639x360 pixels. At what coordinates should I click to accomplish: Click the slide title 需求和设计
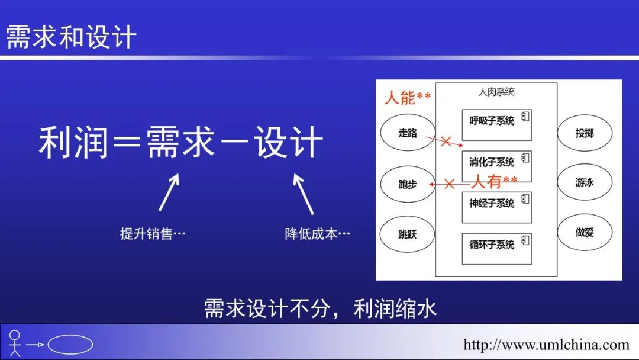(72, 37)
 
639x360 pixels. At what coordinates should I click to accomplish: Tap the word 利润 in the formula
(73, 143)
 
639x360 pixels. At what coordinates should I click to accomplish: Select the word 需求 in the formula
(180, 143)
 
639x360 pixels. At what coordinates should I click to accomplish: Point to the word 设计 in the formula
(289, 143)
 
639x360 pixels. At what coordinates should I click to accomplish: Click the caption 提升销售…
(153, 234)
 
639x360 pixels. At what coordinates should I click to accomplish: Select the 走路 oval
(408, 133)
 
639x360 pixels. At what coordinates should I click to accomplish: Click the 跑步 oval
(408, 184)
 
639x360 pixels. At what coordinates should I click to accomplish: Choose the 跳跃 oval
(408, 234)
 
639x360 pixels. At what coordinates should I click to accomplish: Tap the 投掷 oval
(585, 133)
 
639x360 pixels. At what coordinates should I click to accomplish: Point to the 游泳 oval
(585, 183)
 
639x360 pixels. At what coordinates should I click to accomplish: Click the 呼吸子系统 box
(496, 125)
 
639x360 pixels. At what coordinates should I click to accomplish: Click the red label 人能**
(408, 97)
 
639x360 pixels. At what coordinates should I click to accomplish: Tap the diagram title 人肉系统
(496, 92)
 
